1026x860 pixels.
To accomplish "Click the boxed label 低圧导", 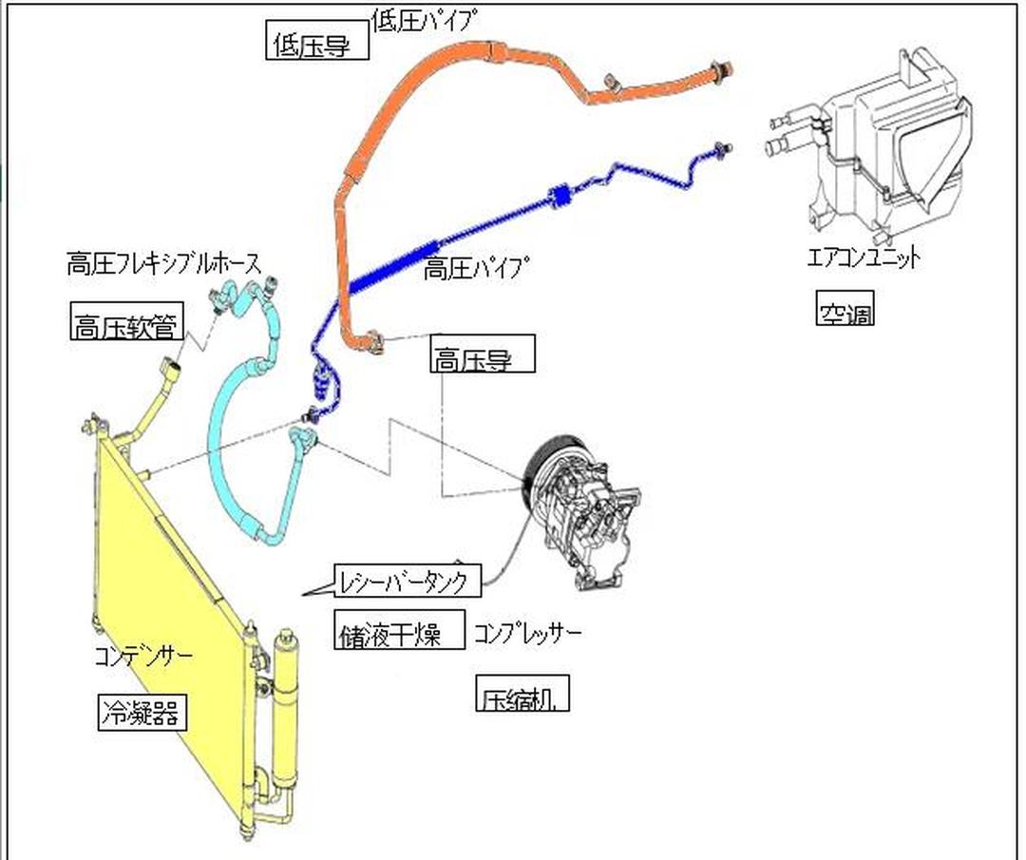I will (316, 44).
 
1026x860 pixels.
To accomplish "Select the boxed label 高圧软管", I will (125, 323).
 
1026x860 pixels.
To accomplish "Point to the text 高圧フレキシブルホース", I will (163, 263).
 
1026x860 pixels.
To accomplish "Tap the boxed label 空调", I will (845, 310).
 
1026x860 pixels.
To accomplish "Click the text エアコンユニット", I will (864, 257).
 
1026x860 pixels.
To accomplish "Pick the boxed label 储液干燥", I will (401, 630).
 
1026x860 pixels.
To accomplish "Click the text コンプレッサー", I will (527, 631).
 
